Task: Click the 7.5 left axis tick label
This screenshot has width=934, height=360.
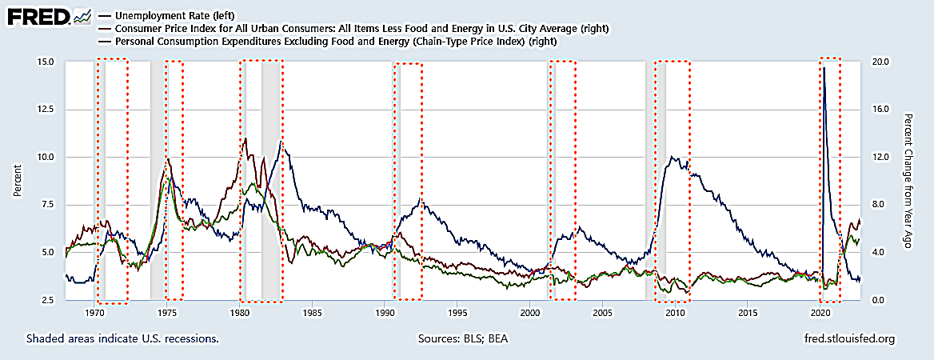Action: point(48,205)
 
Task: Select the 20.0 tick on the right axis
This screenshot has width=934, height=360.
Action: point(880,62)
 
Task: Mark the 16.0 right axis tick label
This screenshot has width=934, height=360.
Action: point(880,110)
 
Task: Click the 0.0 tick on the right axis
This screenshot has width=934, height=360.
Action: point(878,300)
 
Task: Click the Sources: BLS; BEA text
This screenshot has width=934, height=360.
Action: point(462,338)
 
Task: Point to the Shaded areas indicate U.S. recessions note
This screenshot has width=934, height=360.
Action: point(122,338)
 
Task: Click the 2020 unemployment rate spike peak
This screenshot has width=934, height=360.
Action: point(824,69)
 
